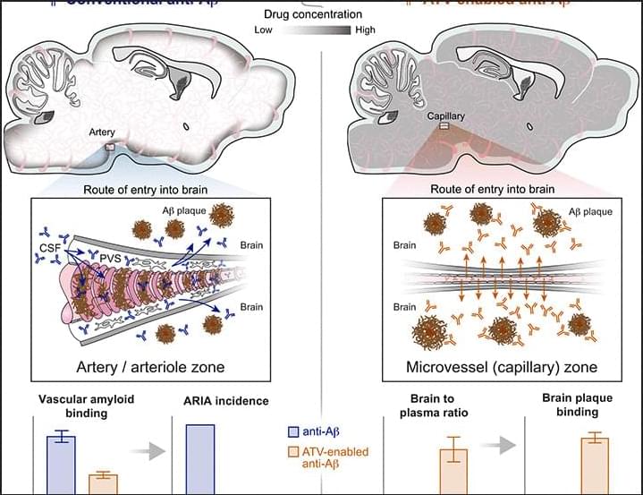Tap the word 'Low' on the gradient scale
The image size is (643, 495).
pos(264,30)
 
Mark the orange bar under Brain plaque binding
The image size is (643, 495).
pos(595,465)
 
